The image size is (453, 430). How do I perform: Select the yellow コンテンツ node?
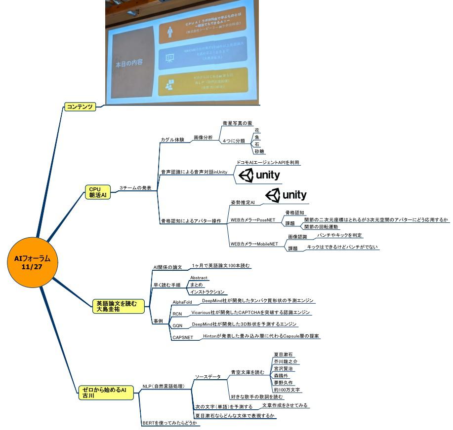point(80,107)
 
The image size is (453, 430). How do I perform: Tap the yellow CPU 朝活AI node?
point(95,192)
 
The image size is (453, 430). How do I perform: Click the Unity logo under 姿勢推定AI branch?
point(286,195)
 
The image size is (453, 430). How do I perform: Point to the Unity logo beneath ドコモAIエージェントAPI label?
point(259,175)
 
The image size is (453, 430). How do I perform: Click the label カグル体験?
point(172,140)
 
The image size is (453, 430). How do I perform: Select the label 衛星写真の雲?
point(237,123)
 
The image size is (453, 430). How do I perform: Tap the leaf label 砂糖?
point(259,152)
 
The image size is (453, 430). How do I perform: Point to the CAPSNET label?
point(182,337)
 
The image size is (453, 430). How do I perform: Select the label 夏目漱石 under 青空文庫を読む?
point(284,355)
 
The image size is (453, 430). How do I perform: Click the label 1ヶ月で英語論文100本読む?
point(221,266)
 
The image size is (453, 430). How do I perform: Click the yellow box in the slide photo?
point(203,83)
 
